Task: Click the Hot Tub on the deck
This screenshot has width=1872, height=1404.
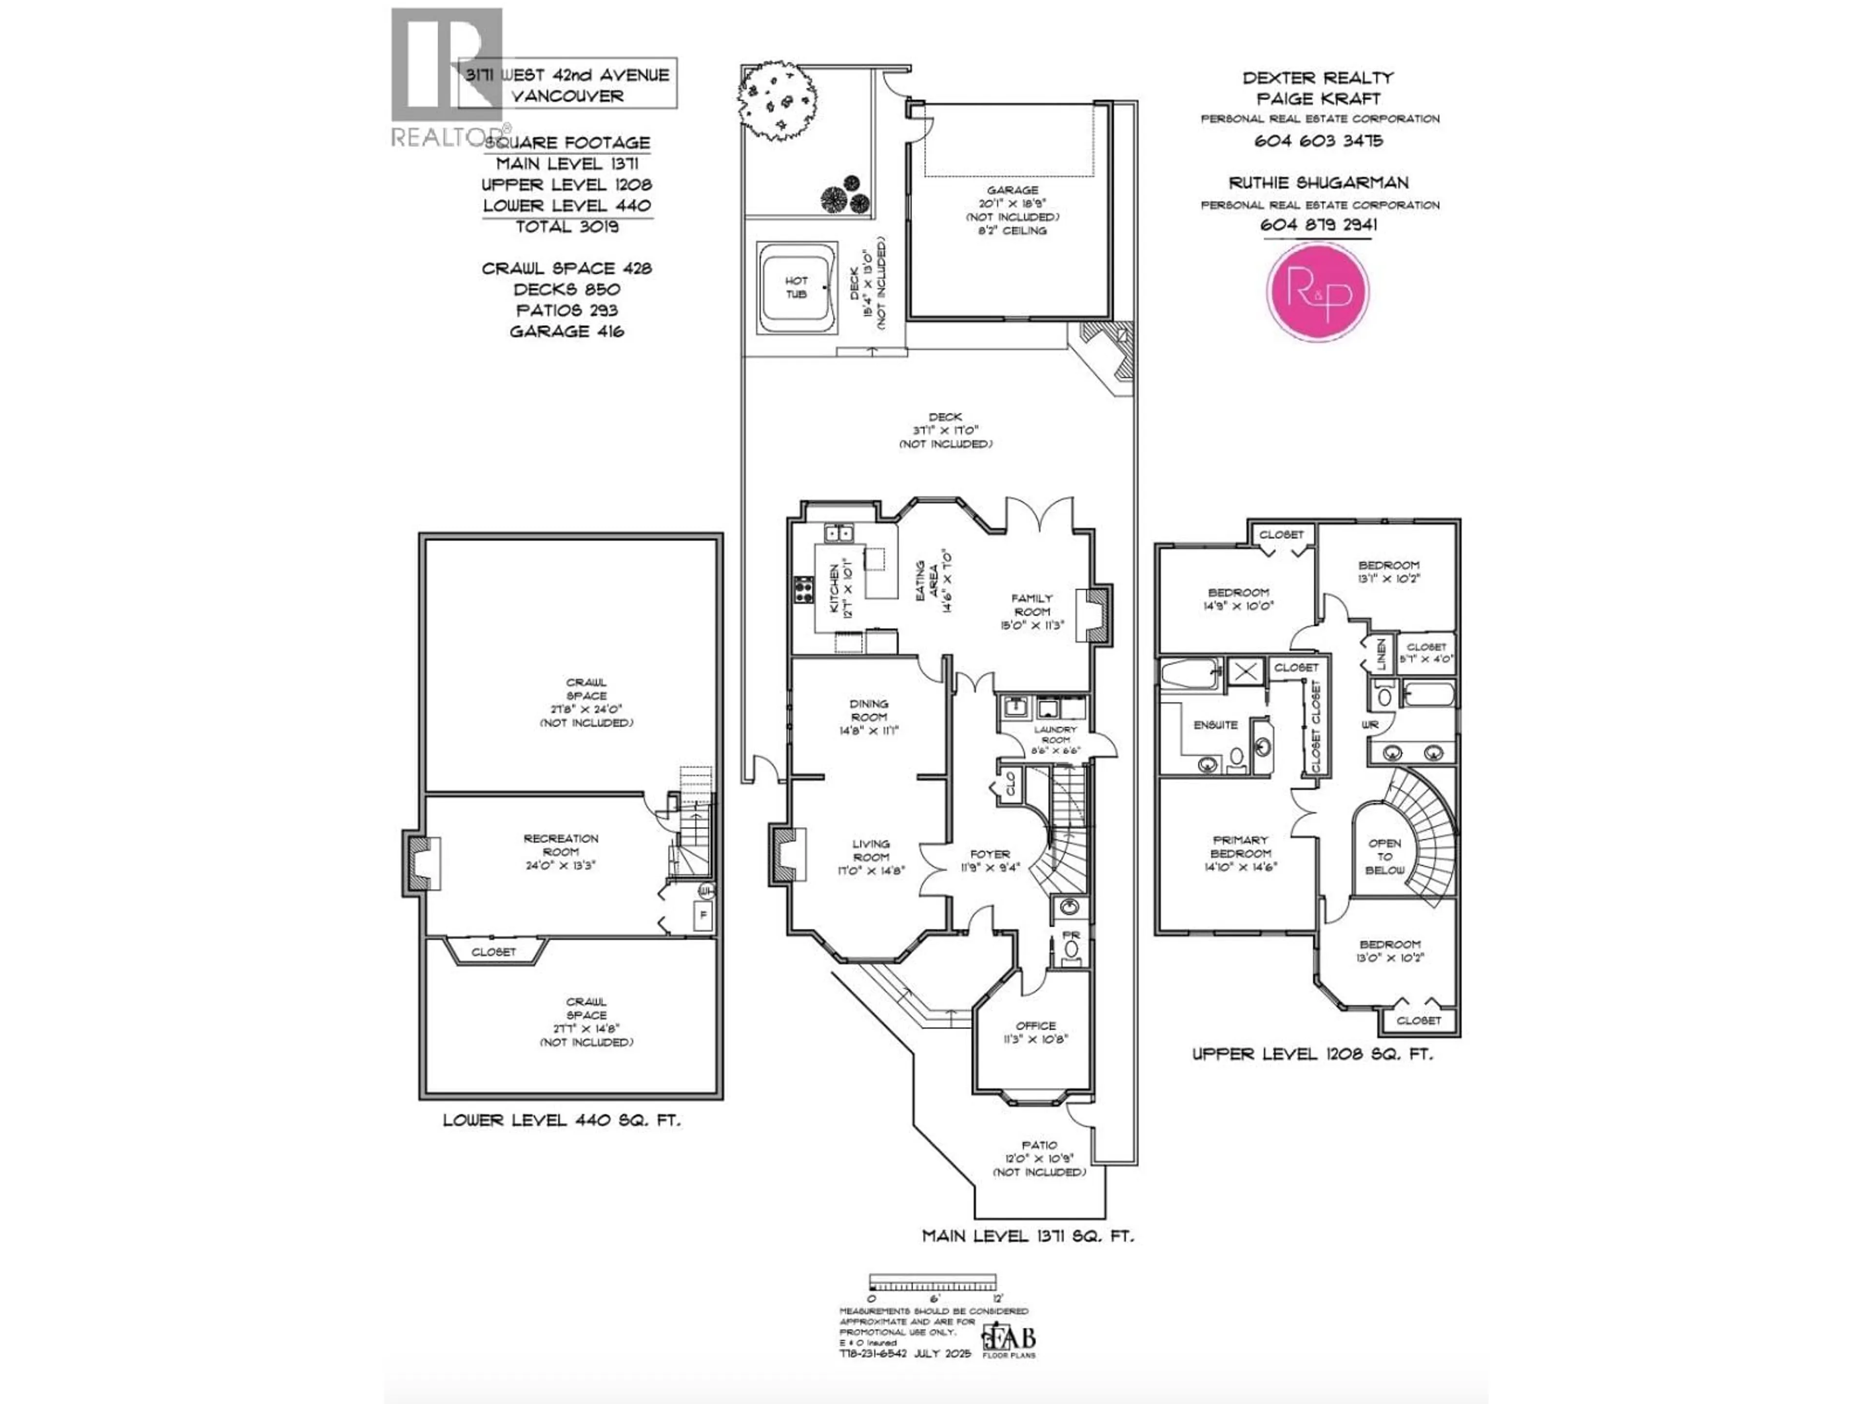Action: [x=796, y=288]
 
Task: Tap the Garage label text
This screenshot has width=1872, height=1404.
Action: [x=1012, y=191]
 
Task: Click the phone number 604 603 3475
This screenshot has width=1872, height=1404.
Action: [x=1318, y=140]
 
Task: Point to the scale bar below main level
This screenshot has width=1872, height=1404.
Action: [x=933, y=1282]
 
